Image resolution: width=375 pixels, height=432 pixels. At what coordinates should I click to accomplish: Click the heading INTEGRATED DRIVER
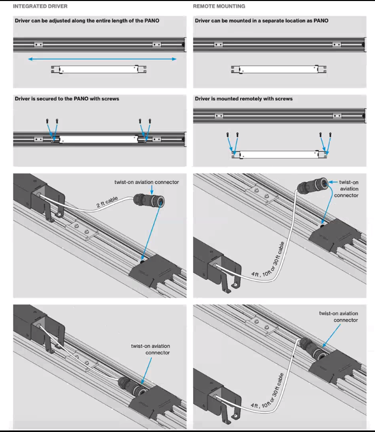tap(40, 6)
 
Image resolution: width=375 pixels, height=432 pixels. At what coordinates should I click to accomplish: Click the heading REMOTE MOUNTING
tap(219, 6)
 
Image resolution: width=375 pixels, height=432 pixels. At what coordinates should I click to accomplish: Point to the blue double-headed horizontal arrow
tap(102, 59)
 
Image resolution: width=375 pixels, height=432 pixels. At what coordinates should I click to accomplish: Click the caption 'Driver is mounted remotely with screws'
tap(243, 99)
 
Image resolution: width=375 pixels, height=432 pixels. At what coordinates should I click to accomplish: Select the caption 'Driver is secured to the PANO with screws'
tap(67, 99)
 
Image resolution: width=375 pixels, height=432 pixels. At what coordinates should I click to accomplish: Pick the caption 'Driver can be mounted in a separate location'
tap(262, 21)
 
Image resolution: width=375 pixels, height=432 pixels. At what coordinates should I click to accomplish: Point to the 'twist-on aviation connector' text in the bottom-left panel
tap(150, 349)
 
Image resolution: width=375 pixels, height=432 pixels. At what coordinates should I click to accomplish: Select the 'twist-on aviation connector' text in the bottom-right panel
tap(338, 317)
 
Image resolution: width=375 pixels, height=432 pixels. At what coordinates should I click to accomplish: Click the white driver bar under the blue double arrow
tap(99, 70)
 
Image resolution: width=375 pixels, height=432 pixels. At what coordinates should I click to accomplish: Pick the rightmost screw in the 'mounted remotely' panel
tap(330, 134)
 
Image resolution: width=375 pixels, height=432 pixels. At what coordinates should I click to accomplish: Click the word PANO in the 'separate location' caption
tap(321, 21)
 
